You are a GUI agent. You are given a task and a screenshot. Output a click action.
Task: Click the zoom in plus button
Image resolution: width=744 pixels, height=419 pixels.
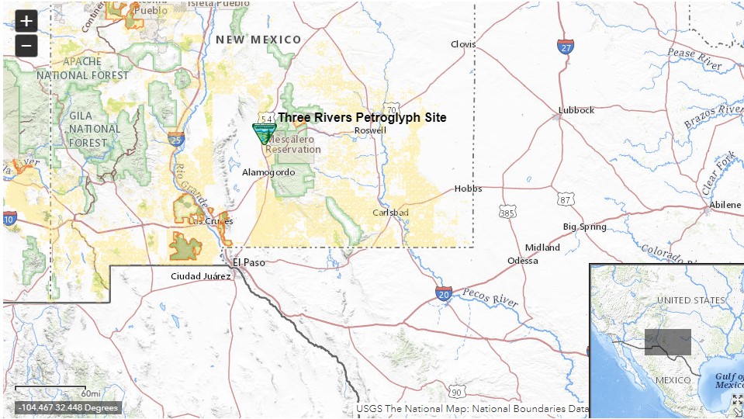tap(26, 21)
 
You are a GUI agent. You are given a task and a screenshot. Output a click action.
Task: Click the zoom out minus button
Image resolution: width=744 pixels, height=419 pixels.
tap(26, 46)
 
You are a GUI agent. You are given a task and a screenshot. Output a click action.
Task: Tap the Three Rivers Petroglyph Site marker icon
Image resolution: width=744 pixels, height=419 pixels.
tap(265, 133)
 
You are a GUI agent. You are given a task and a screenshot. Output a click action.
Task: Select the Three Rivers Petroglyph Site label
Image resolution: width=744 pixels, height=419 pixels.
tap(362, 118)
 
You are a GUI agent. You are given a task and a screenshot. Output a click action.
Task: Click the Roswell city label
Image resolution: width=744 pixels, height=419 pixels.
tap(369, 130)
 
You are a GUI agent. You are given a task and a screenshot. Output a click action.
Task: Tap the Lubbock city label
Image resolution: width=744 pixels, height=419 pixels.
tap(576, 110)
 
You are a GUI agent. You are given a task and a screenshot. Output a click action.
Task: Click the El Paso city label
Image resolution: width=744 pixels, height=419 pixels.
tap(249, 262)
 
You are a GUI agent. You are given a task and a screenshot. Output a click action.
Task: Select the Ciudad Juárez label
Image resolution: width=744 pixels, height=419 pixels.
tap(201, 276)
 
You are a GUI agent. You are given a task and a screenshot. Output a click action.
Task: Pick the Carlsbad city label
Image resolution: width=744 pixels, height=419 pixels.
tap(389, 212)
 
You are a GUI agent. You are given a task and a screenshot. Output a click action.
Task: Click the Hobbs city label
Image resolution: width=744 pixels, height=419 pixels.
tap(468, 189)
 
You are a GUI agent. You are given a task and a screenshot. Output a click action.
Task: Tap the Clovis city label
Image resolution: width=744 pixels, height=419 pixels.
tap(463, 44)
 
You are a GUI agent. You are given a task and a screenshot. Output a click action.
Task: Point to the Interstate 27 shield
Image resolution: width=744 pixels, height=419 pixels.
tap(566, 47)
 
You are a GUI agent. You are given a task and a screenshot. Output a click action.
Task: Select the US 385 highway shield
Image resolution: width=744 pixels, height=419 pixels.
tap(507, 212)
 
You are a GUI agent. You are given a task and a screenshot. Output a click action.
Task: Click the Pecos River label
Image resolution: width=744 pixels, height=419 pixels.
tap(490, 296)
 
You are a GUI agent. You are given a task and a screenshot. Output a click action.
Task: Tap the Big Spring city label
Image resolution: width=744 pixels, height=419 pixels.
tap(585, 227)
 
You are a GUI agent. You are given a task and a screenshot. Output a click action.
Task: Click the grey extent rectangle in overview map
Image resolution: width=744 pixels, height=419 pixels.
tap(667, 342)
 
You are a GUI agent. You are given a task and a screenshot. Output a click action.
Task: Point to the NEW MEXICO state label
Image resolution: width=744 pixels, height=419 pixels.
tap(258, 40)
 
